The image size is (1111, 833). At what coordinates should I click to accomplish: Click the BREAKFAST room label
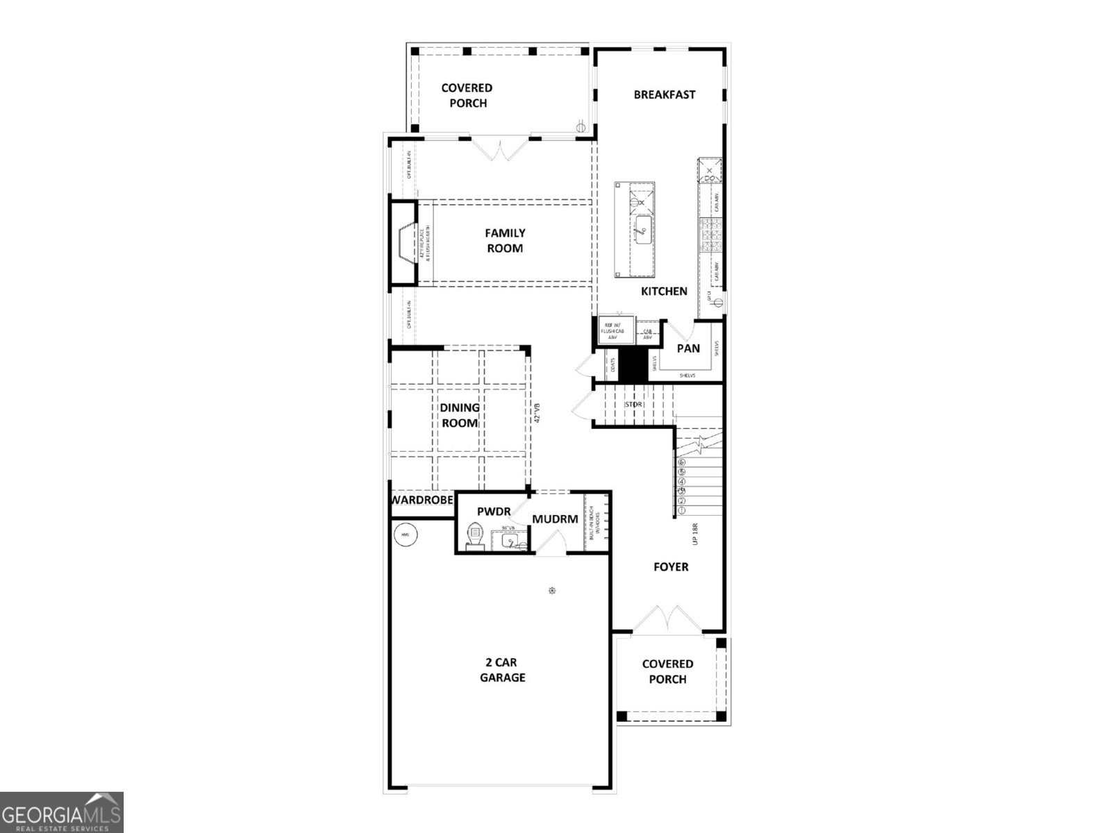[664, 95]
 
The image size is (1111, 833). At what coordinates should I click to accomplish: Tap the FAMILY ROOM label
[505, 241]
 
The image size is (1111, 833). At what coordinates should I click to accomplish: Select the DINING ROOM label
[459, 415]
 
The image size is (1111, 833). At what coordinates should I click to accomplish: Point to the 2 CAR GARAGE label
[502, 670]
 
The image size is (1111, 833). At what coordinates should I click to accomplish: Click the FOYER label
[671, 567]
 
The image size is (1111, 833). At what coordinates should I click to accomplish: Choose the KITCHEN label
[664, 292]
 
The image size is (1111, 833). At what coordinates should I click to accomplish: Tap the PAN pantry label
[688, 348]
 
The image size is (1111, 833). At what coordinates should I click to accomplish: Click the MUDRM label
[555, 519]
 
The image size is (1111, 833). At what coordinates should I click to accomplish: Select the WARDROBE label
[422, 500]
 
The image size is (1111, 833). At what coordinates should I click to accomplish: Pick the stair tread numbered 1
[682, 510]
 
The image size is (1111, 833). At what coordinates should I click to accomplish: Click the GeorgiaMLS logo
[61, 811]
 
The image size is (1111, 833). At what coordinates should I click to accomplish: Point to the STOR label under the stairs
[633, 404]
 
